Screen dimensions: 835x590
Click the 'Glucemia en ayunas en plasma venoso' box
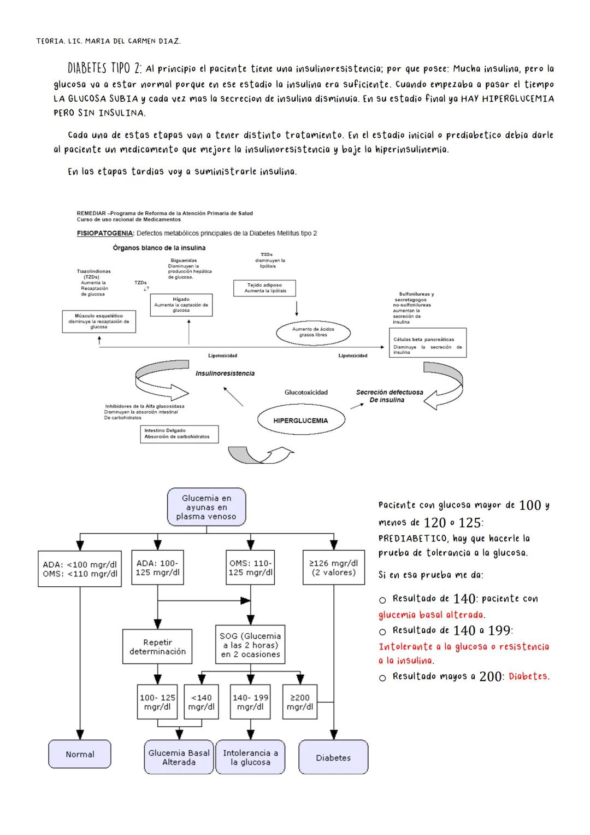[206, 507]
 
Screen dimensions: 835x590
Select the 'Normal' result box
[80, 754]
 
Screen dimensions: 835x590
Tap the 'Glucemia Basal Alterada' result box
[179, 757]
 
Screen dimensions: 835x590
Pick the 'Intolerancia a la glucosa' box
[250, 757]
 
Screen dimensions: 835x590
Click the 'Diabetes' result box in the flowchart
[333, 757]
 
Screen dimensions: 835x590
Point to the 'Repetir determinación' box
[157, 647]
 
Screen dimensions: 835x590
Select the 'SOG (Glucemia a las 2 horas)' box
[250, 645]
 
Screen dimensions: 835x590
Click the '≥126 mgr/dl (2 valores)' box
[333, 568]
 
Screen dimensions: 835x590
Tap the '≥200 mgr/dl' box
[300, 702]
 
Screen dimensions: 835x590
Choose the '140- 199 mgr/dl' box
[250, 702]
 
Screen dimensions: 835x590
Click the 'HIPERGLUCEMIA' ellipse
[301, 421]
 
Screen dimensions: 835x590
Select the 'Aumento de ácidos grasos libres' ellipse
[313, 332]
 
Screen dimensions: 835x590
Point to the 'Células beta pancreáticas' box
[428, 343]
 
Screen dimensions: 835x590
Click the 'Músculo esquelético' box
[99, 322]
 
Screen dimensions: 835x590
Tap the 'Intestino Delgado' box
[179, 434]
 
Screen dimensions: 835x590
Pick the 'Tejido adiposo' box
[264, 288]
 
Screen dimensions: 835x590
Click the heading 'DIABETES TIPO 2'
[104, 69]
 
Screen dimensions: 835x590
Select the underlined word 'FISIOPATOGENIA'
[105, 233]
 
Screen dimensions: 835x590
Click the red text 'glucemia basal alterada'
[431, 615]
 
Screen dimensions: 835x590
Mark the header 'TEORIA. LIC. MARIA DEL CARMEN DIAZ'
[108, 41]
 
